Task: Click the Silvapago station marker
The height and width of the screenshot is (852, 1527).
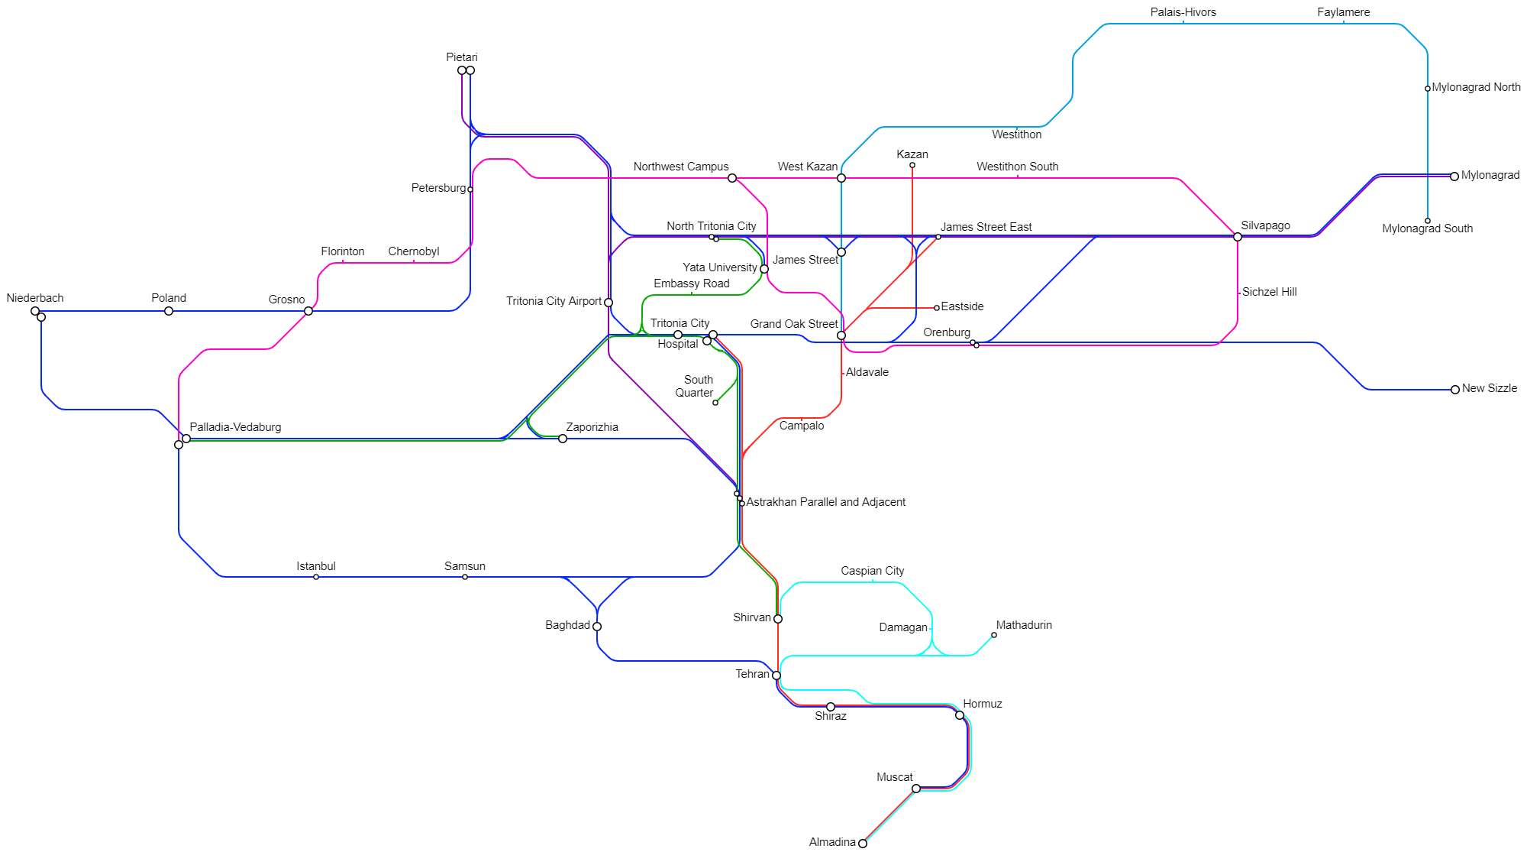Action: (x=1238, y=237)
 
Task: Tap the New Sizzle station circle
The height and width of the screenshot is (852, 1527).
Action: (x=1455, y=390)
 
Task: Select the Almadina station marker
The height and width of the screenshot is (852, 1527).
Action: (x=863, y=844)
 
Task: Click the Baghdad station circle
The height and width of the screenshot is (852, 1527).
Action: (x=597, y=627)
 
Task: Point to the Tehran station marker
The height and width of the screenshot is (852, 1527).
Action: (x=776, y=675)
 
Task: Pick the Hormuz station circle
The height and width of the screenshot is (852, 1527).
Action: (x=960, y=715)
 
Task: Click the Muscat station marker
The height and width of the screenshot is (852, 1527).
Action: (x=916, y=789)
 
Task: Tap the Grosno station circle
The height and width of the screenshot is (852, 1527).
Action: (x=308, y=311)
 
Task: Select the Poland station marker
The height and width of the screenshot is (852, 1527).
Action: (x=169, y=311)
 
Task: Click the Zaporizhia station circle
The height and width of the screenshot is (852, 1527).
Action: (x=563, y=439)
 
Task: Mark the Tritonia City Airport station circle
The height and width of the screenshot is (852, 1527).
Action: (x=609, y=303)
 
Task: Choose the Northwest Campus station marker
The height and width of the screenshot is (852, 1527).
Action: (x=732, y=178)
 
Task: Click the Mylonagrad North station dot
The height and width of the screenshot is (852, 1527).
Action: (x=1428, y=89)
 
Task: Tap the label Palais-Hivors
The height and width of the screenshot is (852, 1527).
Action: (x=1183, y=12)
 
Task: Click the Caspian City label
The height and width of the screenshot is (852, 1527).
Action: (x=872, y=571)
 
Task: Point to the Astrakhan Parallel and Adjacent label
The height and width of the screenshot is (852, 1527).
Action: (x=825, y=502)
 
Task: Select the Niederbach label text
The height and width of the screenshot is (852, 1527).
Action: (x=35, y=298)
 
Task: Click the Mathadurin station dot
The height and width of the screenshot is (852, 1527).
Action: (x=994, y=635)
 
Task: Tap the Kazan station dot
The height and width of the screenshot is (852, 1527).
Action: (x=912, y=165)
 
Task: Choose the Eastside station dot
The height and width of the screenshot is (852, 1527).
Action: (x=937, y=308)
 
